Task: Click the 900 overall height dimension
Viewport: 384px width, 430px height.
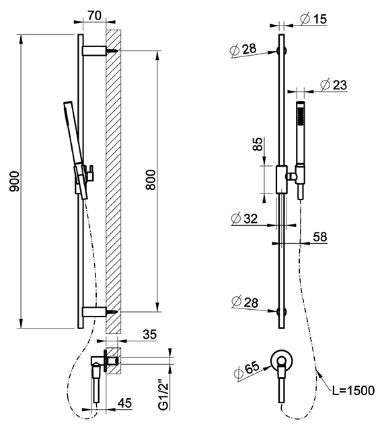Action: pyautogui.click(x=15, y=181)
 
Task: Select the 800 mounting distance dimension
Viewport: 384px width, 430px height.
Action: pyautogui.click(x=151, y=180)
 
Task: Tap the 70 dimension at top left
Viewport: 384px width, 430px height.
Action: pyautogui.click(x=95, y=15)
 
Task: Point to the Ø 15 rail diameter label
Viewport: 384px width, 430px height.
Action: pyautogui.click(x=313, y=19)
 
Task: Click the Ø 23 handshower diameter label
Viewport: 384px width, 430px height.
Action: pyautogui.click(x=334, y=85)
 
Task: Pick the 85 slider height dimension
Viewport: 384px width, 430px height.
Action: pyautogui.click(x=258, y=144)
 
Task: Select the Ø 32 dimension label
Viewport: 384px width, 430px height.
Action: pyautogui.click(x=244, y=218)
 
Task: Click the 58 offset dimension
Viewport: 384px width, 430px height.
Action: pyautogui.click(x=320, y=236)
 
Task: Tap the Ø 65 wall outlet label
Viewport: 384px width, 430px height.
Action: pyautogui.click(x=247, y=370)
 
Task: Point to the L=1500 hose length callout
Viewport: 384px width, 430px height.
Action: pyautogui.click(x=353, y=390)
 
